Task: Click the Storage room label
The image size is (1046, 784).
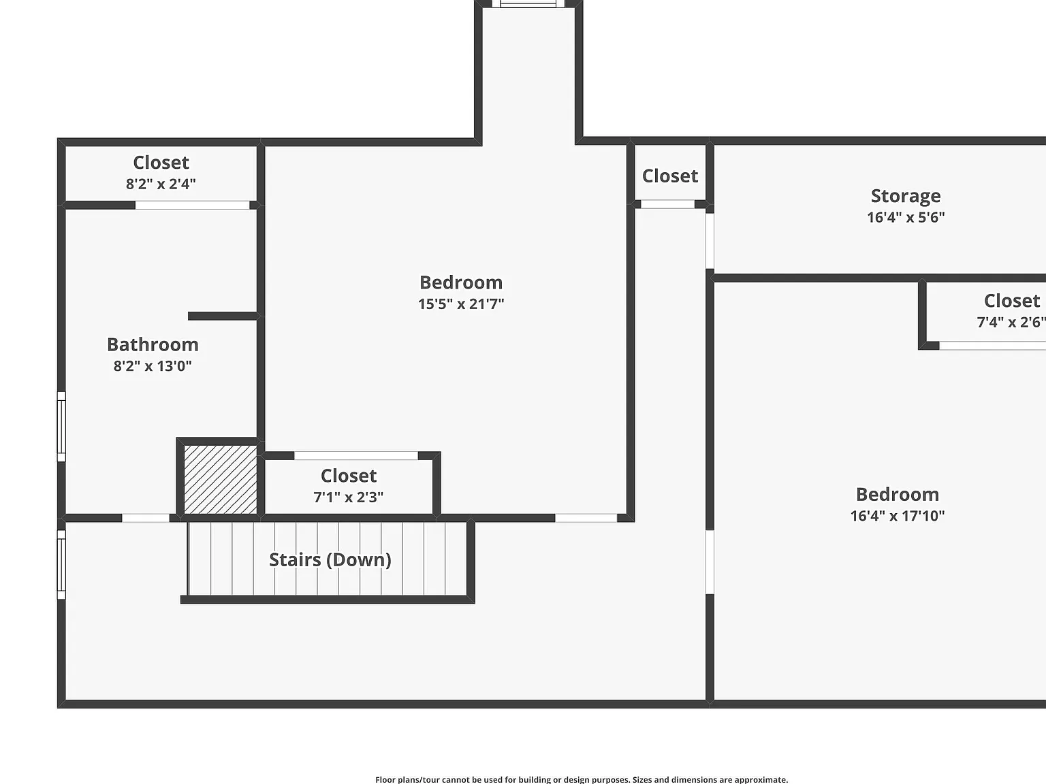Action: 906,196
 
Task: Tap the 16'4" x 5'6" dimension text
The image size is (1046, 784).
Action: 906,218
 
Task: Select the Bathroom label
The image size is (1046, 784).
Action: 153,344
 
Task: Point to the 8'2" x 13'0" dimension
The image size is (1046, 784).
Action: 153,366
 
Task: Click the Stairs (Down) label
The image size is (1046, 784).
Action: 330,560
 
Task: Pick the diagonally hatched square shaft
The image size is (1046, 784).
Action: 221,480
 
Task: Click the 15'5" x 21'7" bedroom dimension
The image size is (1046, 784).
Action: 461,304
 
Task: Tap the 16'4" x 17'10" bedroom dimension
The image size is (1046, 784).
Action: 898,516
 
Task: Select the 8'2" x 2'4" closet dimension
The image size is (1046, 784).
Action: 161,184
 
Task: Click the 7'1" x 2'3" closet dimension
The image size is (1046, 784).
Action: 349,497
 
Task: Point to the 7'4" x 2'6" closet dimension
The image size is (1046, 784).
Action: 1011,323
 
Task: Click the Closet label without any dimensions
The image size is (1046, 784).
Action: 670,176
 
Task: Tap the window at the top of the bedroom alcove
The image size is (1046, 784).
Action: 528,4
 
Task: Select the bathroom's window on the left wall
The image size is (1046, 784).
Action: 61,427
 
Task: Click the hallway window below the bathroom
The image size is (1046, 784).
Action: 61,565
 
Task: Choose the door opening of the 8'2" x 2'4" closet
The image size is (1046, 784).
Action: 193,205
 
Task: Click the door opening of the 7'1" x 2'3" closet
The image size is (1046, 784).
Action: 356,455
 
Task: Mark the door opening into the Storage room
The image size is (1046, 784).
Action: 710,241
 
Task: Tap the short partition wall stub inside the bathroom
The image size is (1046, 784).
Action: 223,316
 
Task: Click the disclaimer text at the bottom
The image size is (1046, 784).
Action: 582,780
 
